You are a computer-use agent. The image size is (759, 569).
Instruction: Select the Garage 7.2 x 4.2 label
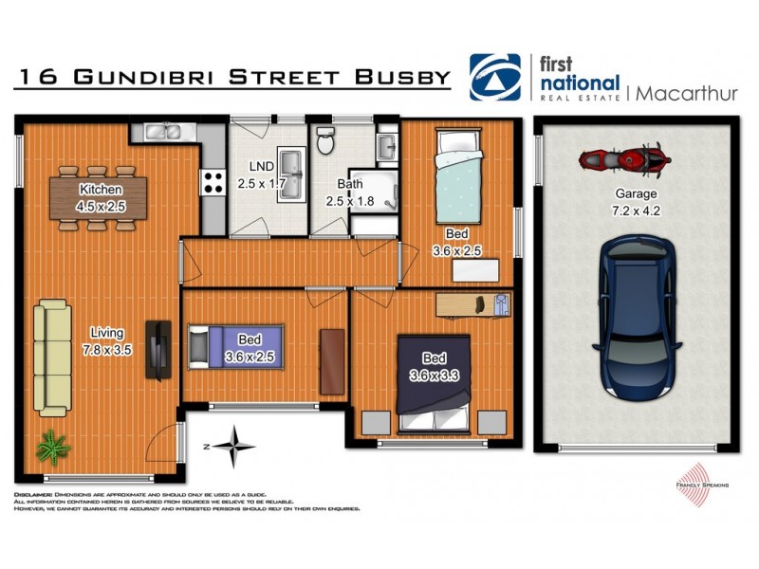tap(635, 207)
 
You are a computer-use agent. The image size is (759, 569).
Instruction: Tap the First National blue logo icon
tap(494, 76)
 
